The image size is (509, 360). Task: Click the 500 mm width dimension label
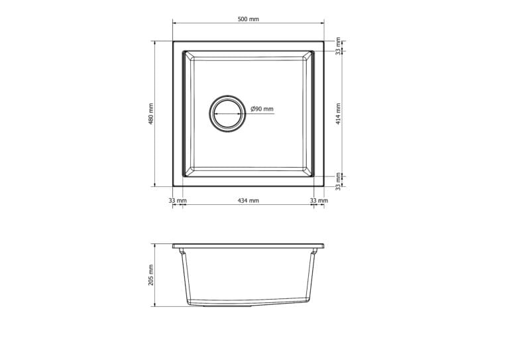[x=249, y=19]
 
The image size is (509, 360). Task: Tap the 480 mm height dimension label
[x=150, y=114]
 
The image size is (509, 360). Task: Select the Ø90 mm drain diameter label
[x=262, y=109]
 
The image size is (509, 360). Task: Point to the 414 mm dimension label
[x=338, y=114]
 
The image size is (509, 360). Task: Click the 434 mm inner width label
[x=249, y=201]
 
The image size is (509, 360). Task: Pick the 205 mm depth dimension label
[x=150, y=275]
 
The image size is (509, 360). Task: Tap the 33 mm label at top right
[x=338, y=46]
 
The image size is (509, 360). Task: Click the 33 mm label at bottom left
[x=178, y=201]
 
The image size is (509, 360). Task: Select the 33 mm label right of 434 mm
[x=319, y=201]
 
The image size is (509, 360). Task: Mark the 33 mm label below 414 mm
[x=338, y=182]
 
